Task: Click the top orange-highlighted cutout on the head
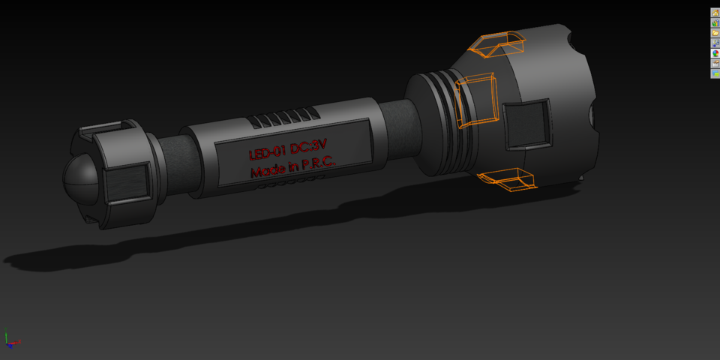496,45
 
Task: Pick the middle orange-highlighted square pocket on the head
477,100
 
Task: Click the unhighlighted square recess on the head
527,124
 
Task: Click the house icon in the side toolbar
715,13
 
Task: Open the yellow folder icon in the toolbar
715,33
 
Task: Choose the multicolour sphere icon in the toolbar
715,53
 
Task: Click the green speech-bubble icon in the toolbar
715,73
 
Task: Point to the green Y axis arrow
7,335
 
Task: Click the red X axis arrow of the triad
16,343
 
